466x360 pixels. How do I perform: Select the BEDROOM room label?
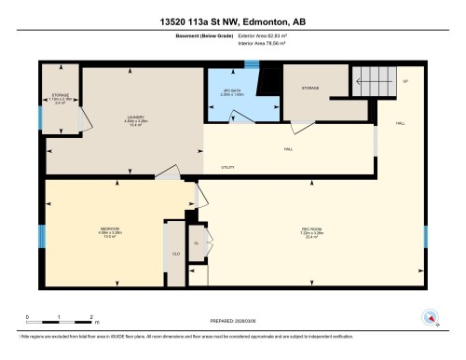tap(109, 230)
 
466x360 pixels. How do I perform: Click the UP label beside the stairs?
tap(405, 82)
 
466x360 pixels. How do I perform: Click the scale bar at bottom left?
tap(60, 322)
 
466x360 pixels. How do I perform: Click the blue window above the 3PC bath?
tap(250, 64)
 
